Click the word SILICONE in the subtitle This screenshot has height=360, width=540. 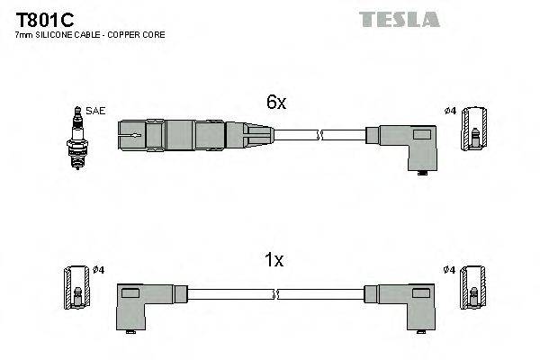coord(64,35)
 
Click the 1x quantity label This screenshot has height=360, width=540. coord(273,260)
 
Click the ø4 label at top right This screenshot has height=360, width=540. coord(451,111)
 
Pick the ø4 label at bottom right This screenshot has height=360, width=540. coord(450,270)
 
